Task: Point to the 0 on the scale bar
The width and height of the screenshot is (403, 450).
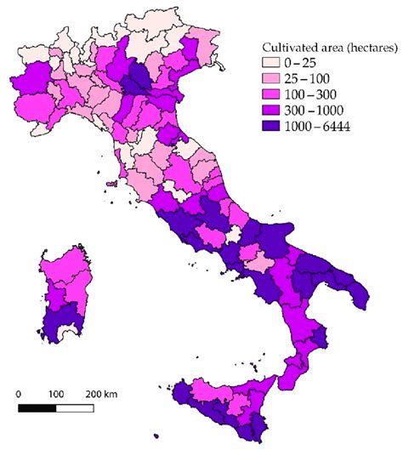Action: click(x=19, y=395)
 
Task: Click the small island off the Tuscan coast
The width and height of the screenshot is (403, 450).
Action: click(x=113, y=182)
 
